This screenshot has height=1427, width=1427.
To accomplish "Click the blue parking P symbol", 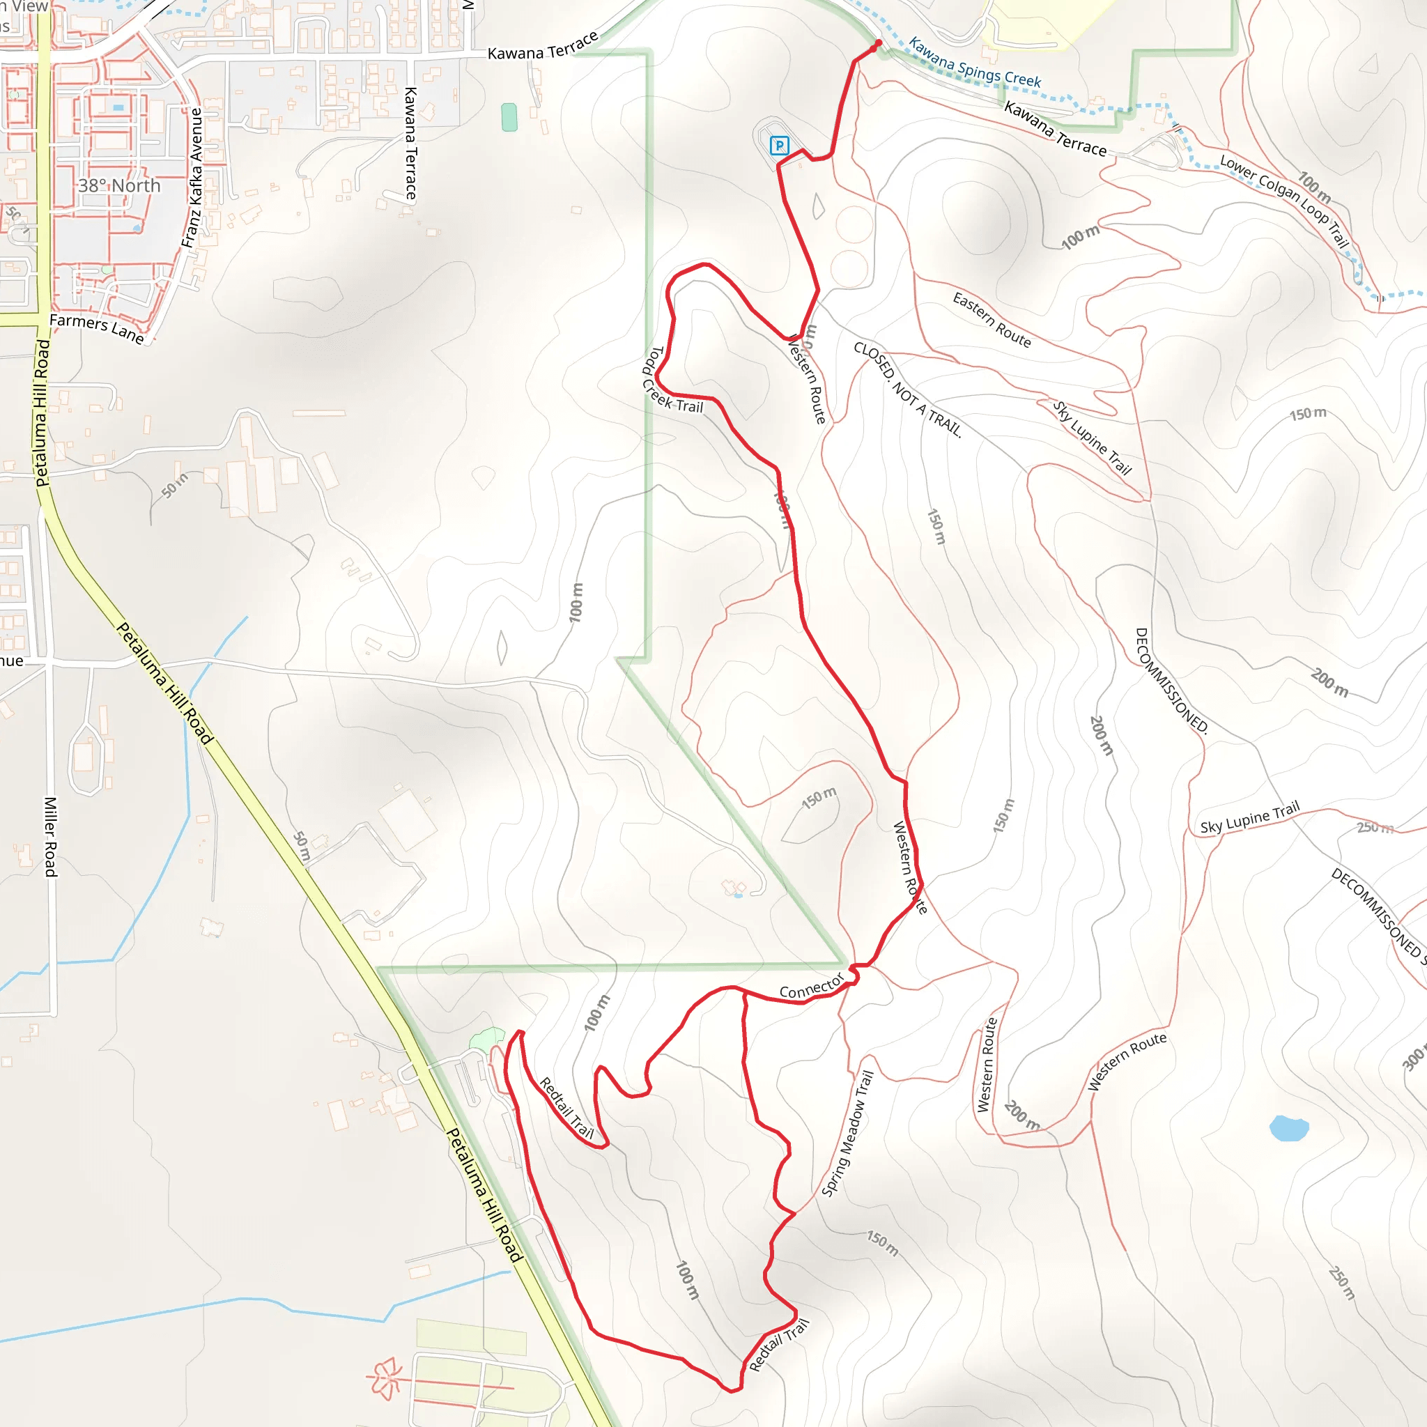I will (x=779, y=146).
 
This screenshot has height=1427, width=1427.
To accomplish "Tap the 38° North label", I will (x=120, y=185).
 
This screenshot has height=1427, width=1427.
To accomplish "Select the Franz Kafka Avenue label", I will (x=193, y=178).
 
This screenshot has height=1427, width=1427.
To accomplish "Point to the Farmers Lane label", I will (x=97, y=328).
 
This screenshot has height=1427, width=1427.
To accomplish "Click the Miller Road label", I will (x=50, y=836).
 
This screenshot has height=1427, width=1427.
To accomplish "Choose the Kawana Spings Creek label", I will (x=974, y=63).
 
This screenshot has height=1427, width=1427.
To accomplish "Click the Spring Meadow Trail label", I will (x=848, y=1134).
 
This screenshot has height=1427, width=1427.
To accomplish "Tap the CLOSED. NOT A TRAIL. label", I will (x=908, y=390).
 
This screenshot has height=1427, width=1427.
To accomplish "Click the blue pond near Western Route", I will (x=1289, y=1128).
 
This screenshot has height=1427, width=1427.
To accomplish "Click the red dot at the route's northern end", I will (x=877, y=45).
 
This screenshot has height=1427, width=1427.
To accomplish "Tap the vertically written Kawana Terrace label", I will (x=410, y=144).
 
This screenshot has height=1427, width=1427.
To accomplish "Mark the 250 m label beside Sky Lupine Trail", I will (x=1375, y=828).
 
